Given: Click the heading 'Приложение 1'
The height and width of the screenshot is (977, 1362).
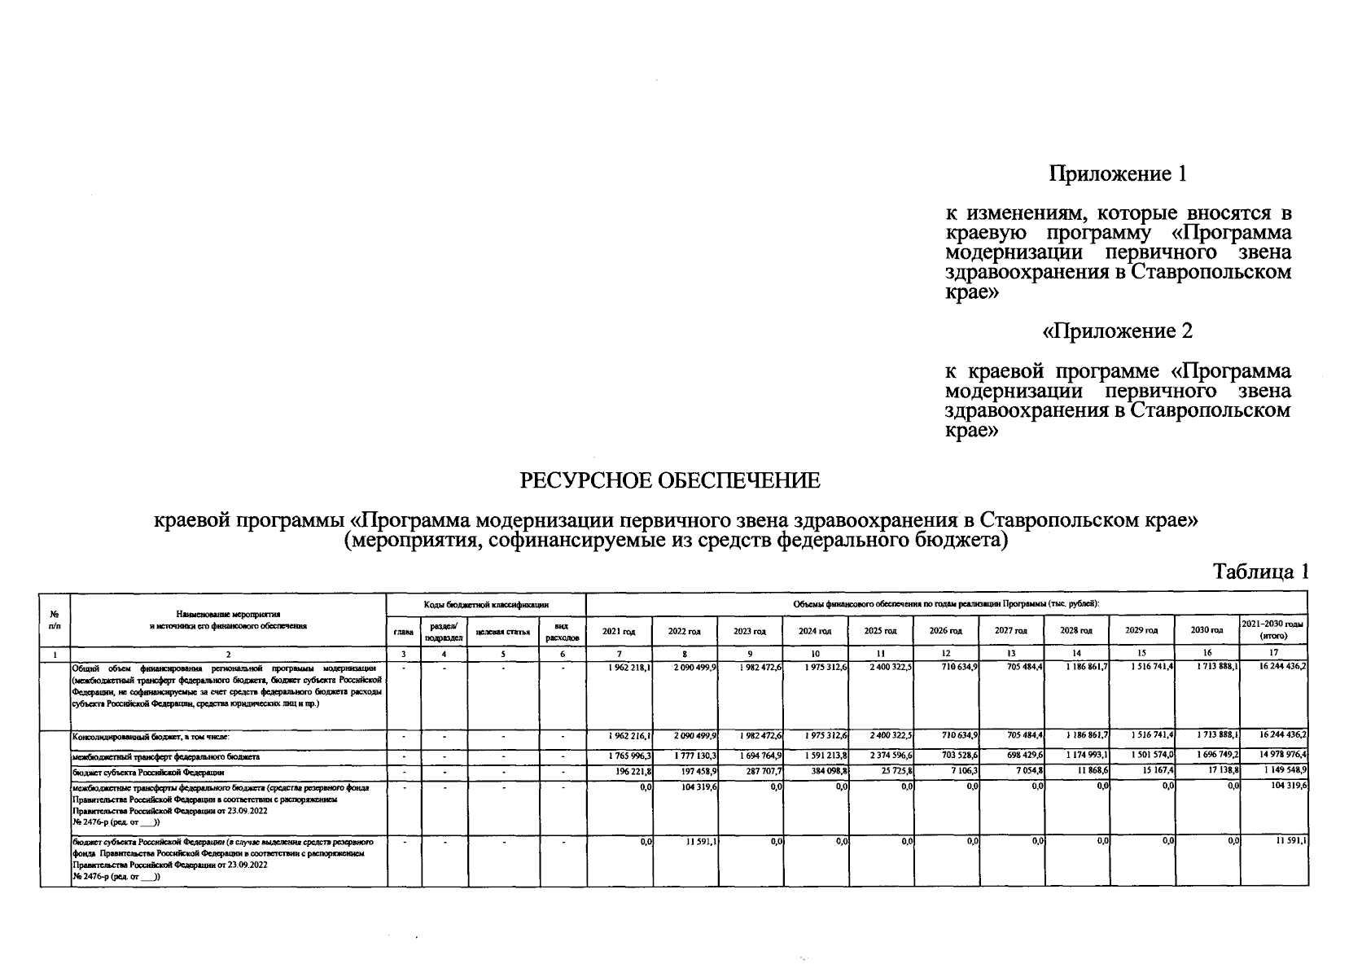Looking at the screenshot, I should click(1117, 173).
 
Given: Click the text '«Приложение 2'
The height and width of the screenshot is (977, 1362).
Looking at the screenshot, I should click(1117, 331).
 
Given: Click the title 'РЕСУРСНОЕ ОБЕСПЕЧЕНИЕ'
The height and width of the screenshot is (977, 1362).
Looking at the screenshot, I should click(670, 481).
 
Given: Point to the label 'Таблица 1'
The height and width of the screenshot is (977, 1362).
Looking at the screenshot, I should click(1260, 572).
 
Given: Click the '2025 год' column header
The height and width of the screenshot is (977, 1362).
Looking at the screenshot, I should click(880, 631).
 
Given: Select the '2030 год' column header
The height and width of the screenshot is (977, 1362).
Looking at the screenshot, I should click(1207, 631).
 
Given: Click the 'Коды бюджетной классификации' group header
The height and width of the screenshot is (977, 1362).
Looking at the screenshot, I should click(486, 605).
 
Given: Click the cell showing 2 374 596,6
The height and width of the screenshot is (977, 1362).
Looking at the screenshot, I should click(890, 756).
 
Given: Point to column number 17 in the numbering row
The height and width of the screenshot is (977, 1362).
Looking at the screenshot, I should click(1273, 653).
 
